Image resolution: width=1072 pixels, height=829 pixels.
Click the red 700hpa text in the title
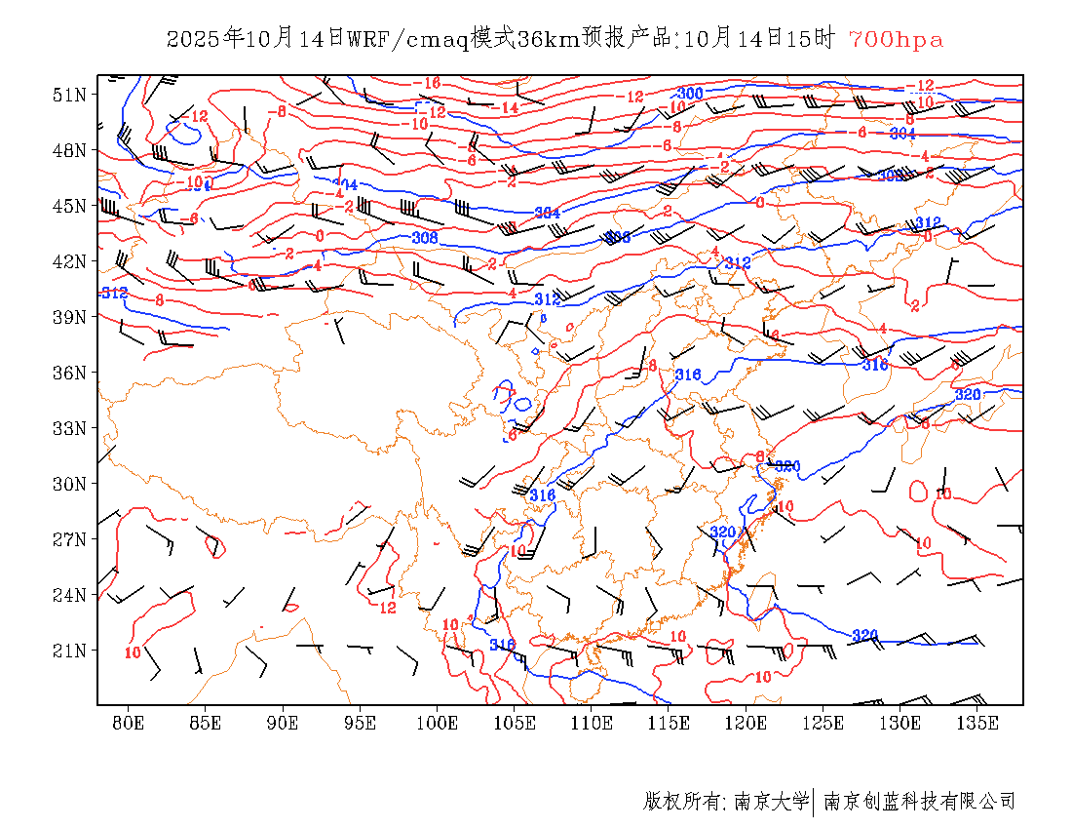click(x=896, y=39)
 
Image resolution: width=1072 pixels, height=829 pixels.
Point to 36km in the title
click(x=545, y=39)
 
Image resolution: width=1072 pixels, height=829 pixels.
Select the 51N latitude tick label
click(x=69, y=95)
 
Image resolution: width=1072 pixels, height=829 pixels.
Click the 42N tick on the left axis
click(x=69, y=261)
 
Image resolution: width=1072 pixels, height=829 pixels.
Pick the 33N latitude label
click(x=69, y=428)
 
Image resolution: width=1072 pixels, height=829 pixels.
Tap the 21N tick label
click(x=69, y=651)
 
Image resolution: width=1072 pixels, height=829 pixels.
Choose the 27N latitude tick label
click(x=69, y=539)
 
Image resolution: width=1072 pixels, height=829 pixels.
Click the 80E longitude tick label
click(x=128, y=723)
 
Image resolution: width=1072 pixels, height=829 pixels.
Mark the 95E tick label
click(x=360, y=723)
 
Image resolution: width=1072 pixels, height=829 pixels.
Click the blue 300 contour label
click(x=689, y=94)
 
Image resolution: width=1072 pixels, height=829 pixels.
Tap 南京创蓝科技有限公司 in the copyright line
click(x=920, y=802)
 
